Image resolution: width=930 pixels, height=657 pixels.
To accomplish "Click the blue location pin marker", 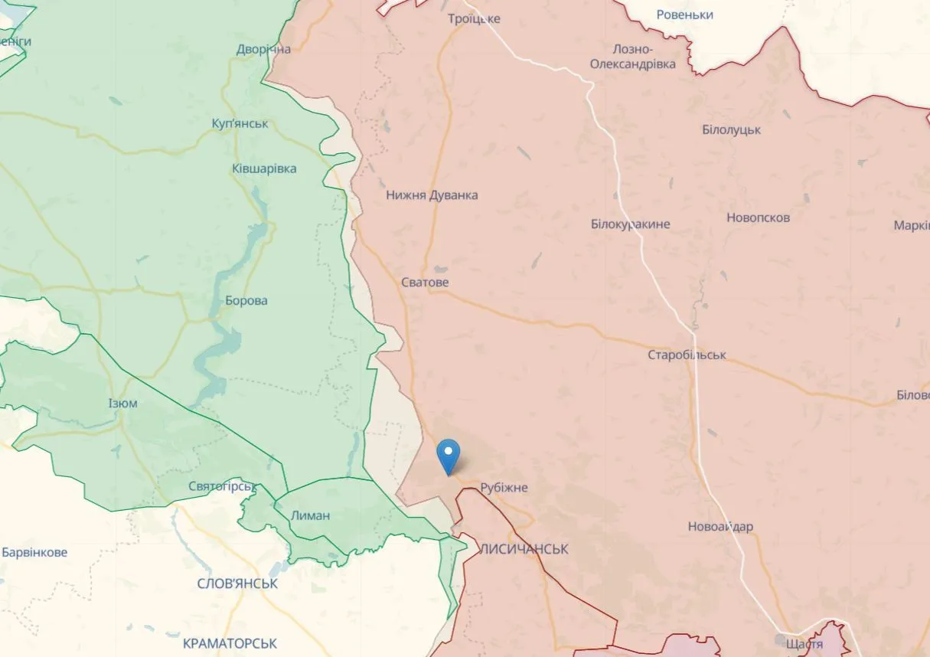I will tap(448, 456).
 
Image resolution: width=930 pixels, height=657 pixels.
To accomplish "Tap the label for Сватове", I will tap(425, 283).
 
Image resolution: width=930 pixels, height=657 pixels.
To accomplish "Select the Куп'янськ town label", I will tap(240, 123).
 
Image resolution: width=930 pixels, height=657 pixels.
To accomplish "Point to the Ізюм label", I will tap(122, 404).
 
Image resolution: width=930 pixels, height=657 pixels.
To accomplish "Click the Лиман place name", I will tap(310, 515).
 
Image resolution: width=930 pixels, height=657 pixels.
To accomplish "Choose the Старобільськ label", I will tap(687, 355).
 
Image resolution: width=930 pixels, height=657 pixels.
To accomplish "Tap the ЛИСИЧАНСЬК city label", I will tap(524, 549).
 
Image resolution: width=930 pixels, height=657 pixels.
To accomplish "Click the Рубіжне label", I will tap(504, 488).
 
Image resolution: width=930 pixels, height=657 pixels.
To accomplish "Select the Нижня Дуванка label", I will tap(432, 195).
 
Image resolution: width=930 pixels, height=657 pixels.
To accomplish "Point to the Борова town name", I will tap(246, 301).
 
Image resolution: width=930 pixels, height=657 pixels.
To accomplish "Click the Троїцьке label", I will tap(474, 18).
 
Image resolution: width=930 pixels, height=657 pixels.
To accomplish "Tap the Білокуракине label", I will tap(630, 224).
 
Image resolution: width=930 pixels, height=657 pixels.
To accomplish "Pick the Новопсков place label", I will tap(758, 217).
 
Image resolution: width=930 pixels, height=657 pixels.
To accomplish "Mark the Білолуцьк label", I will tap(731, 130).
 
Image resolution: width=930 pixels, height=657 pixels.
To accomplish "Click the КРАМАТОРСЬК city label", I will tap(230, 644).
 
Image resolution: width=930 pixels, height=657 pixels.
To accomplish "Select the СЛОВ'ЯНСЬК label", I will tap(237, 584).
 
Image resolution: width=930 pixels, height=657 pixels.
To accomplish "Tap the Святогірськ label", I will tap(222, 487).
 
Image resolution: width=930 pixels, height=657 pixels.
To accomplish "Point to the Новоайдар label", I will tap(720, 527).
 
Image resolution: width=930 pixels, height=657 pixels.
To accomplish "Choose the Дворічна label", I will tap(263, 50).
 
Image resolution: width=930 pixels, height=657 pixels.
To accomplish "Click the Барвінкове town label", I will tap(34, 553).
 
